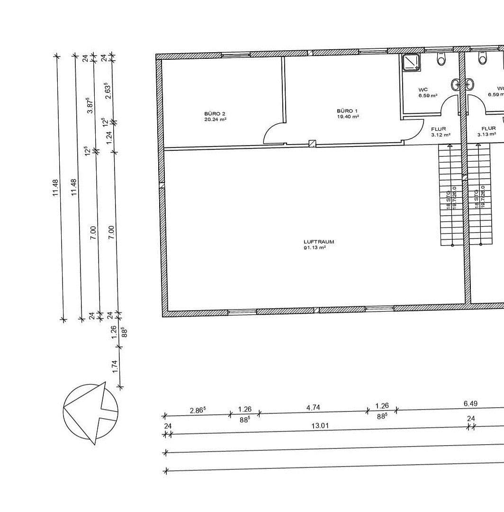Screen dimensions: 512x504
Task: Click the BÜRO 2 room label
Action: pyautogui.click(x=215, y=114)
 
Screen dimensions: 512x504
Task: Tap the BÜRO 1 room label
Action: pyautogui.click(x=347, y=110)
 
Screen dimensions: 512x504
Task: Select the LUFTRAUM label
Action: pyautogui.click(x=319, y=242)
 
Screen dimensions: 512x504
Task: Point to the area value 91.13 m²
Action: pyautogui.click(x=315, y=247)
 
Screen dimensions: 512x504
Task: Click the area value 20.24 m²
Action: pyautogui.click(x=215, y=119)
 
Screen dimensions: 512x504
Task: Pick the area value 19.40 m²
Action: pyautogui.click(x=348, y=116)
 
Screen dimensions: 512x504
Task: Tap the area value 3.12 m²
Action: pyautogui.click(x=441, y=135)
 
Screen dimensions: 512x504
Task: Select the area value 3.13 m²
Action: pyautogui.click(x=486, y=135)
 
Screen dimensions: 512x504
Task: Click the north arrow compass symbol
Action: pyautogui.click(x=90, y=411)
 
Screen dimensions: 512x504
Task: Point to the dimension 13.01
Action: pyautogui.click(x=320, y=426)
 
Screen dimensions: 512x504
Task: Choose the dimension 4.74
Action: pyautogui.click(x=313, y=407)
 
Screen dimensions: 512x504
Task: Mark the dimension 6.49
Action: pyautogui.click(x=470, y=403)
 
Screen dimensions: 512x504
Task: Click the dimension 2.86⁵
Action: pyautogui.click(x=198, y=410)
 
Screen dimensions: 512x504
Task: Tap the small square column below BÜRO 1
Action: pyautogui.click(x=312, y=144)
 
